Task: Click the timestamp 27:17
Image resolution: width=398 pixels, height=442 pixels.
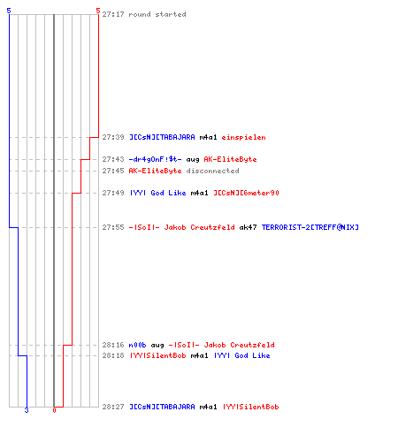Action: pos(113,14)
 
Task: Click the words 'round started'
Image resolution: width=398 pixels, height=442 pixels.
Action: pos(157,14)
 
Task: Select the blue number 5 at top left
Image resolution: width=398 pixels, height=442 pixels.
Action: pos(9,11)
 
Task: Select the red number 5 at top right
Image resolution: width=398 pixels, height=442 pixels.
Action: pos(98,11)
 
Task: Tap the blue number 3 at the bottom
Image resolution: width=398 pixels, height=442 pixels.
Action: pos(27,410)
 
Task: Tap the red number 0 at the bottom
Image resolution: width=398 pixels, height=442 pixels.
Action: pos(54,410)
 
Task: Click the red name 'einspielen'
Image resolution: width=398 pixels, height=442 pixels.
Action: pos(243,137)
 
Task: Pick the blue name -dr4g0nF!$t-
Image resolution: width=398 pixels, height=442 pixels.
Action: pos(155,159)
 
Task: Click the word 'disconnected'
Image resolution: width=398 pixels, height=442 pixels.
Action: pos(212,171)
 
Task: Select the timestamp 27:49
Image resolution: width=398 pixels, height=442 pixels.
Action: pos(113,193)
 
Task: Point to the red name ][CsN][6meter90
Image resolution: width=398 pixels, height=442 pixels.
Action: pos(246,193)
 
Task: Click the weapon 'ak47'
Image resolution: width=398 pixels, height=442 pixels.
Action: pos(248,227)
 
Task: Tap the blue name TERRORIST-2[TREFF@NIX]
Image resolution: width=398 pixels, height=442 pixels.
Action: pos(310,227)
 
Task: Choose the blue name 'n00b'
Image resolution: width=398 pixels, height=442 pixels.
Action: pos(137,345)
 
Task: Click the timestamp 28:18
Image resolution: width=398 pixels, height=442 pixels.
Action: pos(113,355)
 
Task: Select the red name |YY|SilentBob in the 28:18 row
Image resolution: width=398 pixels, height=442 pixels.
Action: pos(157,355)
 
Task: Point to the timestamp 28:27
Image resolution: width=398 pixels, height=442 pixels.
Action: pos(113,407)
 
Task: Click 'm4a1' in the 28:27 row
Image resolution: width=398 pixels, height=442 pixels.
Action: pos(208,407)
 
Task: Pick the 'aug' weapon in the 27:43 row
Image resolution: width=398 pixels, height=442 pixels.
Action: pos(193,160)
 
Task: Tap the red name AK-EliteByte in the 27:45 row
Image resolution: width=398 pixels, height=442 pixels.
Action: pos(155,171)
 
